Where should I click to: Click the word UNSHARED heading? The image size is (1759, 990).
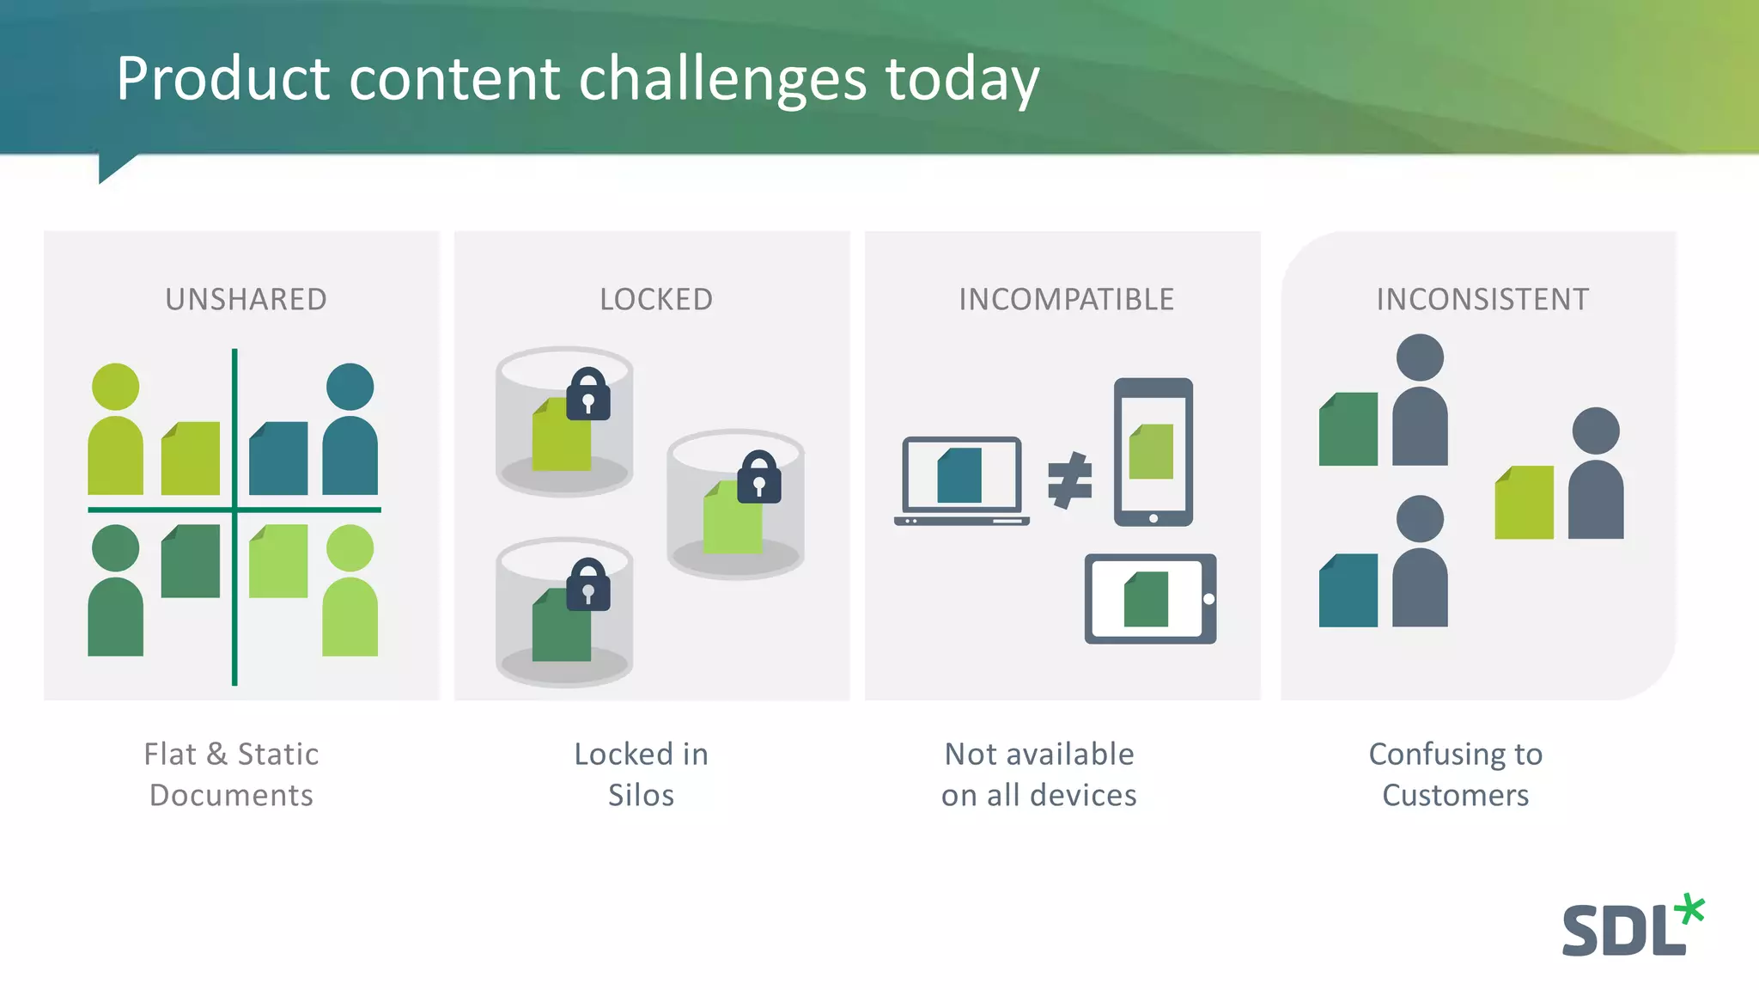pyautogui.click(x=246, y=300)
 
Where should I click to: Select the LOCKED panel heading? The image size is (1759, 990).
pyautogui.click(x=656, y=300)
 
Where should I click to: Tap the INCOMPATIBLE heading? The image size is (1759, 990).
pyautogui.click(x=1066, y=300)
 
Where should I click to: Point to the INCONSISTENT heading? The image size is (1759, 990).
pyautogui.click(x=1482, y=300)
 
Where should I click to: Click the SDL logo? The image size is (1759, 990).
pyautogui.click(x=1632, y=926)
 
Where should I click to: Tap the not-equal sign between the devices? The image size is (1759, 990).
pyautogui.click(x=1069, y=480)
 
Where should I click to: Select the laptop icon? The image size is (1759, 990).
pyautogui.click(x=961, y=481)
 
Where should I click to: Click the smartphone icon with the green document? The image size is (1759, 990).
pyautogui.click(x=1153, y=451)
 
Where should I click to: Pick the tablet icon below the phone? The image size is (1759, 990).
pyautogui.click(x=1150, y=599)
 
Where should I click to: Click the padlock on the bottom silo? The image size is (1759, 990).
pyautogui.click(x=588, y=586)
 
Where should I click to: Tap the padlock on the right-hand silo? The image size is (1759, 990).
pyautogui.click(x=759, y=478)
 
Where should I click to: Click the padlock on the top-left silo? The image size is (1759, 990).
pyautogui.click(x=588, y=395)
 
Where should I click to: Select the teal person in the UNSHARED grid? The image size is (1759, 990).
pyautogui.click(x=350, y=430)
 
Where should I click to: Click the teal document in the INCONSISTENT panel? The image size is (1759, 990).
pyautogui.click(x=1348, y=590)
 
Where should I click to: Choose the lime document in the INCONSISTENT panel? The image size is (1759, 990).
pyautogui.click(x=1525, y=503)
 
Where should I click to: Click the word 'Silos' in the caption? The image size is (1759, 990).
pyautogui.click(x=641, y=796)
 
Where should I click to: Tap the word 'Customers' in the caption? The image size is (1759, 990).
pyautogui.click(x=1456, y=796)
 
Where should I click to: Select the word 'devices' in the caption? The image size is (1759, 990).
pyautogui.click(x=1083, y=796)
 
